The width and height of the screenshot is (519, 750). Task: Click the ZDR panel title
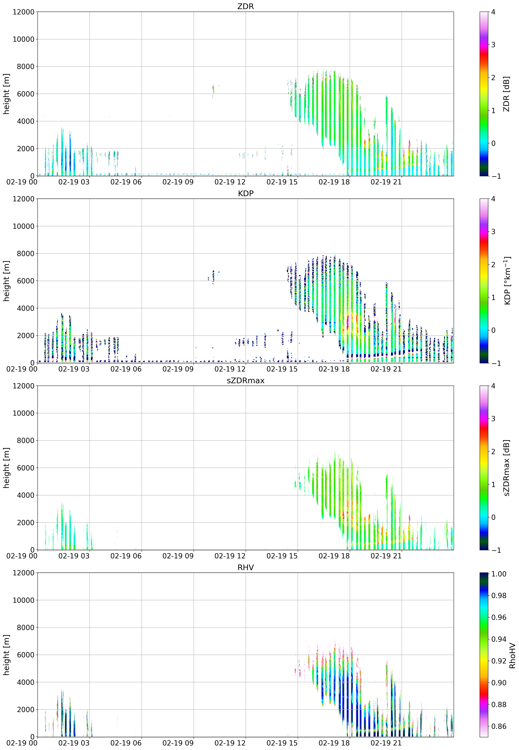(245, 6)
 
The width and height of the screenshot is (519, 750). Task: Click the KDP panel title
(245, 193)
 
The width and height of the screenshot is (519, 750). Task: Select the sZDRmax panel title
(245, 381)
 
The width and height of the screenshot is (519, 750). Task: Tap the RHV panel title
(245, 567)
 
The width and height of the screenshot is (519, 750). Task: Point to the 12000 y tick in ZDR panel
(23, 12)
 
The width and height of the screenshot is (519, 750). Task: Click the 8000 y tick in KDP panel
(25, 253)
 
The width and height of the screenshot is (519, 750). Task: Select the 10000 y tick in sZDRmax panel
(23, 413)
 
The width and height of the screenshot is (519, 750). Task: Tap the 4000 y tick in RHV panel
(25, 682)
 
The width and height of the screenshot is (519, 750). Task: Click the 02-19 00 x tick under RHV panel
(22, 743)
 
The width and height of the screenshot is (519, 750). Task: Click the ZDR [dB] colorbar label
(506, 94)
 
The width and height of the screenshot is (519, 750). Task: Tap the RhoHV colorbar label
(512, 655)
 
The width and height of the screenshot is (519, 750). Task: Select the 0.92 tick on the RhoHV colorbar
(498, 661)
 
